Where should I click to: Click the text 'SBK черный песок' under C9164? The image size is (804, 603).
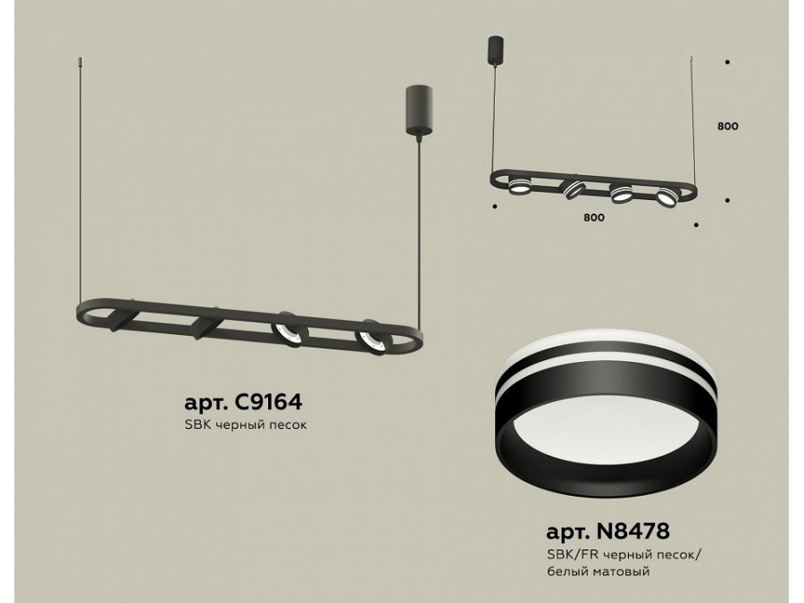pos(246,425)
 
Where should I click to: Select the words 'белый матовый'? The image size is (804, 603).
pos(599,571)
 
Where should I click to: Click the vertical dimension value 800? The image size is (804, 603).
pos(727,126)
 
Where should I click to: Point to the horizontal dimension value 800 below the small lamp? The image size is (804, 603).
pos(593,217)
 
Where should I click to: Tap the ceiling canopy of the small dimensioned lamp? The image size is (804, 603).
pos(495,50)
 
